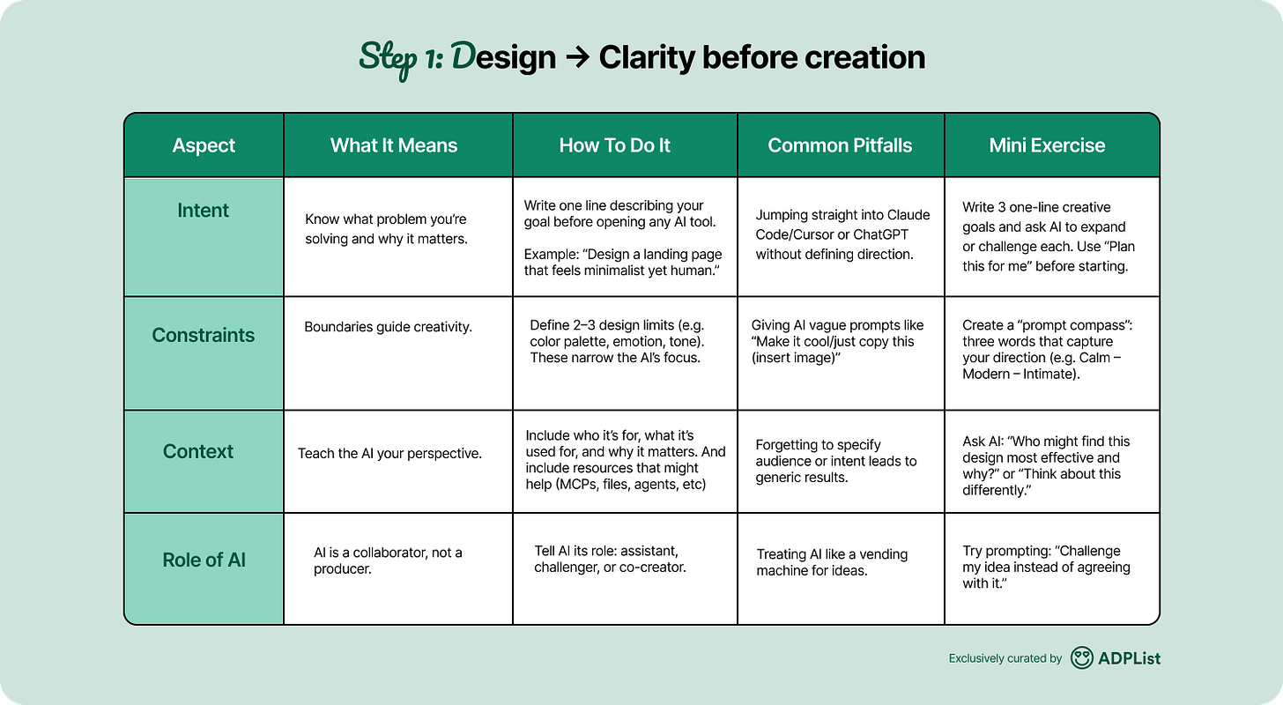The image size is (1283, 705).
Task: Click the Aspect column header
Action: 204,145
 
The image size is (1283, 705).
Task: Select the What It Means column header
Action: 394,145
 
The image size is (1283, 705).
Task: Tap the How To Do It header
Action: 614,145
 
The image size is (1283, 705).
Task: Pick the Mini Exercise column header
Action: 1047,145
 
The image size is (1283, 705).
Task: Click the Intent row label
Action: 204,211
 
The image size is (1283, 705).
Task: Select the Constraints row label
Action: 204,335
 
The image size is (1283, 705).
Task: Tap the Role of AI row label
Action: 204,560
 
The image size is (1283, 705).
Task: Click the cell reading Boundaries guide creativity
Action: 389,327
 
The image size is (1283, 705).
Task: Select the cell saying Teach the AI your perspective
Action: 389,454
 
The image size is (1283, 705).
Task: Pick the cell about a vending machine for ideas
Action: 832,562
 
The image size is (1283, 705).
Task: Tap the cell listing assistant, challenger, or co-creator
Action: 610,559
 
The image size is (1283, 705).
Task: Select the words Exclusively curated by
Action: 1005,658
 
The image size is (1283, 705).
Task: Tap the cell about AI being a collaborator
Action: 388,560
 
